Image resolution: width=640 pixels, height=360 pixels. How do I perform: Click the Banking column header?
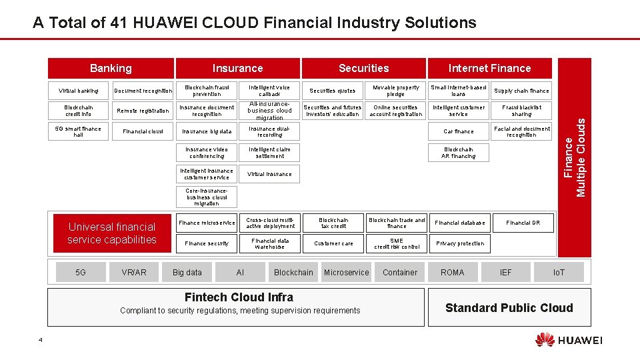pos(111,68)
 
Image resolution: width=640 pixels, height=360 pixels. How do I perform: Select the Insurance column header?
pos(237,68)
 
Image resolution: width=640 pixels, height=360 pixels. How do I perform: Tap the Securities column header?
pos(363,68)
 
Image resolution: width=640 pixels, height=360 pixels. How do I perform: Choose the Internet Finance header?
pos(489,68)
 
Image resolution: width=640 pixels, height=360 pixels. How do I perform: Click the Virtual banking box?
pos(79,91)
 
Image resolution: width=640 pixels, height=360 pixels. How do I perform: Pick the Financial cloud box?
pos(143,131)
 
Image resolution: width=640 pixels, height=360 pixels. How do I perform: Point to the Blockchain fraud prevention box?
pos(207,91)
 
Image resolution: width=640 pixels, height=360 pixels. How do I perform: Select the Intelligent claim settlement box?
pos(269,153)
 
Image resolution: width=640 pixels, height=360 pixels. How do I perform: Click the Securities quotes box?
pos(333,91)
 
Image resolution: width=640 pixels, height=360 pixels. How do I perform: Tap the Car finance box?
pos(459,131)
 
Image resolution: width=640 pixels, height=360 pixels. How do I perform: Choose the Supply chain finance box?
pos(521,91)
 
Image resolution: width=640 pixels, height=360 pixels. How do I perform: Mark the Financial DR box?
pos(523,223)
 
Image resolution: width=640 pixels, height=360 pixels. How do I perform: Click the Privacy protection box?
pos(460,243)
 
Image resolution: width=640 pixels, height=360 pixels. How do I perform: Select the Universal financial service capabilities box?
pos(112,233)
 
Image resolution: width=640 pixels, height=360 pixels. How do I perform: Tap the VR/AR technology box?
pos(134,272)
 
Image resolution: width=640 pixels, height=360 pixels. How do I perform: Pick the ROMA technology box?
pos(453,272)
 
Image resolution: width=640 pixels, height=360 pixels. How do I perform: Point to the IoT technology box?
pos(559,272)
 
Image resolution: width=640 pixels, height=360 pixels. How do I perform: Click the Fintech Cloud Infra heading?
pos(239,297)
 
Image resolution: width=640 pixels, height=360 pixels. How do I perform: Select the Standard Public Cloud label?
pos(509,307)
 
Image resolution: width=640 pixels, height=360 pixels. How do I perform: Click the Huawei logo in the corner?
pos(568,340)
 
